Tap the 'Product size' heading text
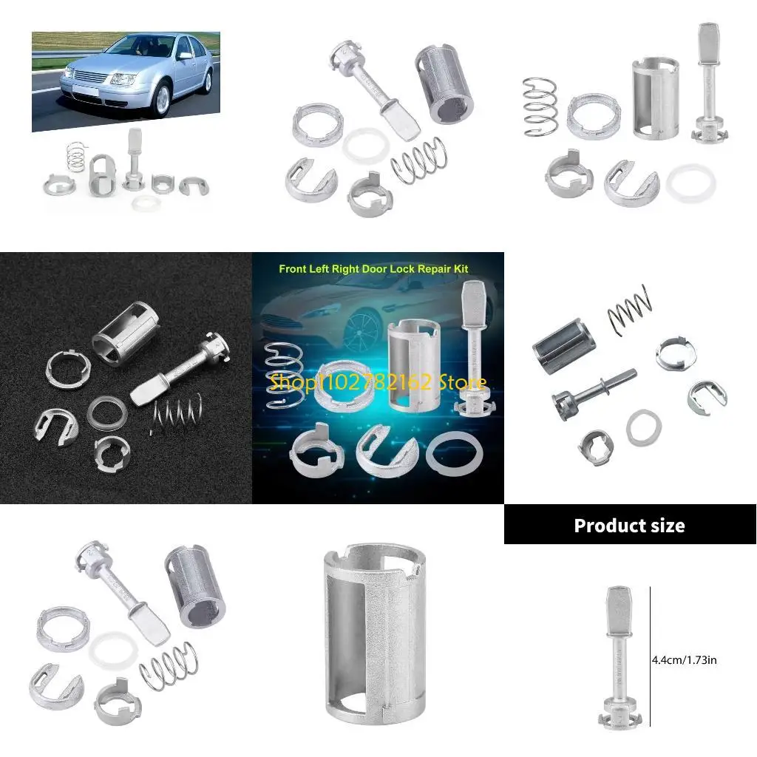(629, 526)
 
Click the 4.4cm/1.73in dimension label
(684, 659)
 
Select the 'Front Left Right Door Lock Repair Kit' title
(373, 269)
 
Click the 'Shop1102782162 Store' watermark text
(378, 382)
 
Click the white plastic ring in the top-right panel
(692, 183)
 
